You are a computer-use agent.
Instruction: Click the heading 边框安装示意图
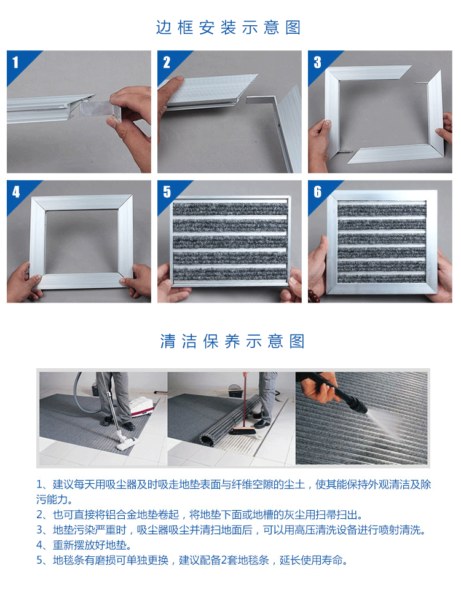[229, 28]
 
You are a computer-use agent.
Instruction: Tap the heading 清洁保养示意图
[232, 341]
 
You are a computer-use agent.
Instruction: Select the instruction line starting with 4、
[84, 545]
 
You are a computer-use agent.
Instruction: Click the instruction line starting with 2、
[200, 514]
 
